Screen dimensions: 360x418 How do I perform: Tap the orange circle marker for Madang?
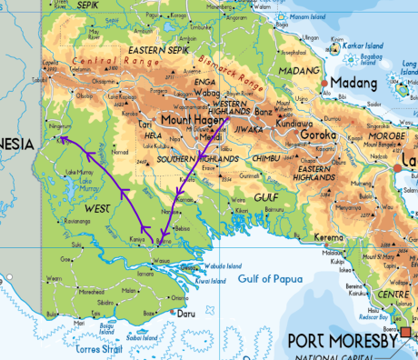[x=324, y=84]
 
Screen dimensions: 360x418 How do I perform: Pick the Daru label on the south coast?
[x=185, y=315]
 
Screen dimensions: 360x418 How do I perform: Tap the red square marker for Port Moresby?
[x=405, y=332]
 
